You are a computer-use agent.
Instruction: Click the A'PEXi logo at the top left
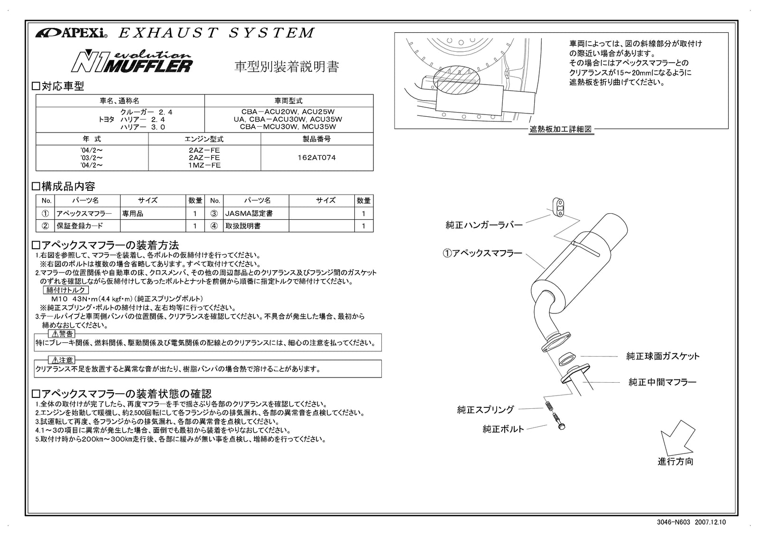[x=72, y=33]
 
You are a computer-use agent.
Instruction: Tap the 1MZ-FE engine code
[x=204, y=165]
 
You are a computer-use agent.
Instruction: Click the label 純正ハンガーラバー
[x=484, y=225]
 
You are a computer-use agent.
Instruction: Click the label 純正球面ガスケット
[x=663, y=356]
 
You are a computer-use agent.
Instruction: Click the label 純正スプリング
[x=485, y=409]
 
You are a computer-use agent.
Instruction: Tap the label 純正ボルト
[x=503, y=429]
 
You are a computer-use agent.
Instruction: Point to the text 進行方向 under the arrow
[x=675, y=462]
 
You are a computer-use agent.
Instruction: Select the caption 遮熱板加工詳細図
[x=561, y=129]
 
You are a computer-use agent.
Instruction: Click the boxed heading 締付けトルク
[x=66, y=290]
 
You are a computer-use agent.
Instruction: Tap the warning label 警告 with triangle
[x=62, y=334]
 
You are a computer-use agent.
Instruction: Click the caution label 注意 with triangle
[x=62, y=360]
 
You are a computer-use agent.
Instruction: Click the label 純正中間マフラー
[x=662, y=382]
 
